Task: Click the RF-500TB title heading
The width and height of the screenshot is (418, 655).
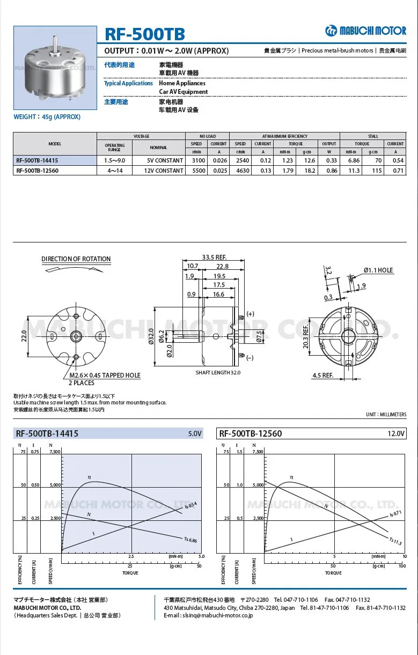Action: click(144, 34)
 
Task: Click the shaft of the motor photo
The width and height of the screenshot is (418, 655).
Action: click(55, 43)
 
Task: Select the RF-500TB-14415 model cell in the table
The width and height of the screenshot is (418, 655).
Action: click(37, 160)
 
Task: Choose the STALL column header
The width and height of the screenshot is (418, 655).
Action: click(373, 136)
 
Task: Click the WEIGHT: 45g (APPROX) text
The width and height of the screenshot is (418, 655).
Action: click(47, 117)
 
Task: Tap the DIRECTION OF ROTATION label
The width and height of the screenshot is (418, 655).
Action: click(76, 259)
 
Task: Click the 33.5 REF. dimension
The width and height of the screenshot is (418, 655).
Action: click(214, 256)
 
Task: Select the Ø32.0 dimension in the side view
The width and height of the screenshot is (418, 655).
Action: click(151, 336)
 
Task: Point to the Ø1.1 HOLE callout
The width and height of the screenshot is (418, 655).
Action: click(378, 270)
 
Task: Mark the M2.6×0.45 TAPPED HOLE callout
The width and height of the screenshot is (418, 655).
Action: click(105, 376)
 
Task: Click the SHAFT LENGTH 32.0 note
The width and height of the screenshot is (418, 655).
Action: click(218, 372)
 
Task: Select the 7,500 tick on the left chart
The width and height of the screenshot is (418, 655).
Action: click(55, 452)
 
